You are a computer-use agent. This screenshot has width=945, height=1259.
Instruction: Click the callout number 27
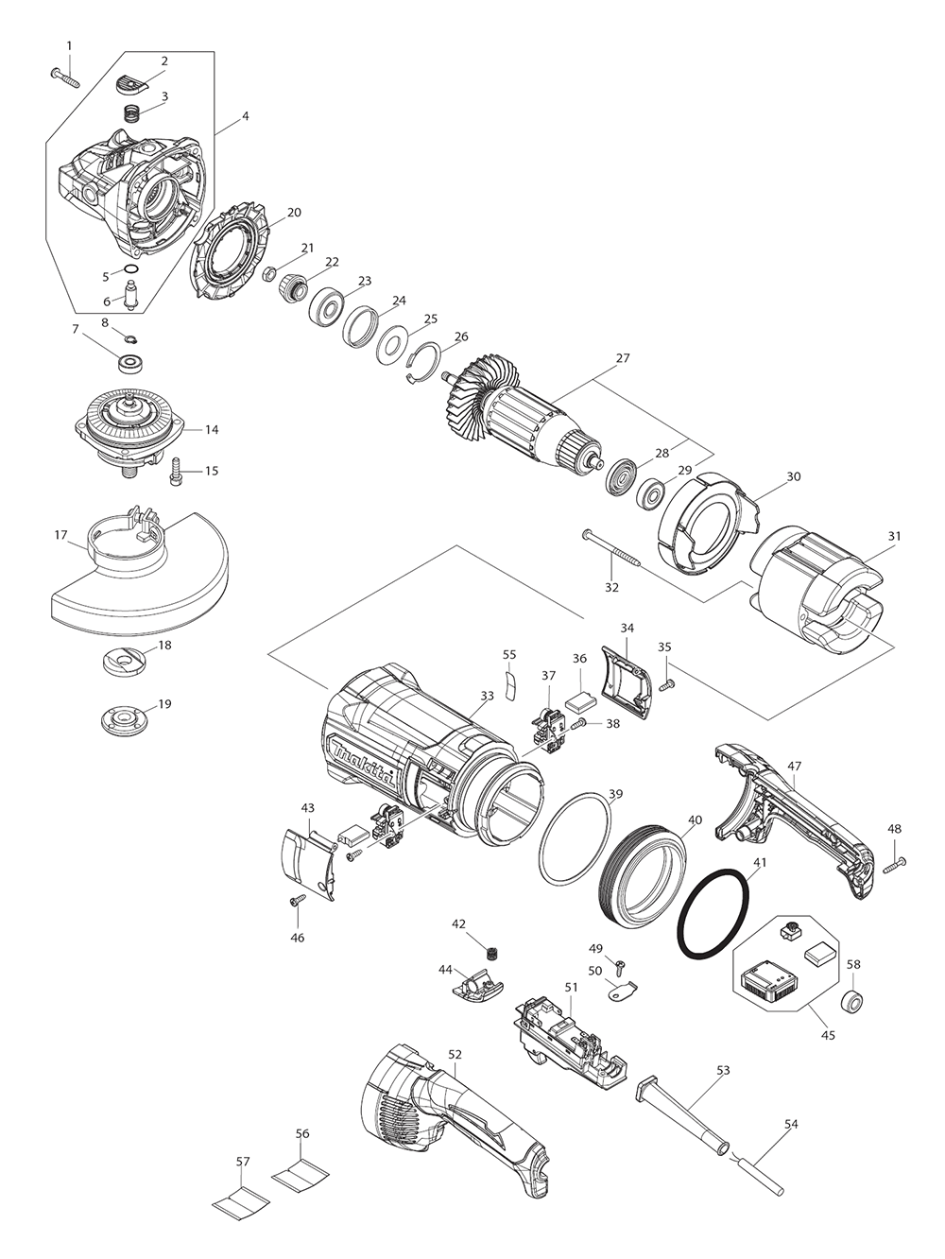point(622,359)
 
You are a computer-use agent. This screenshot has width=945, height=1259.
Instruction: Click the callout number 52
point(455,1053)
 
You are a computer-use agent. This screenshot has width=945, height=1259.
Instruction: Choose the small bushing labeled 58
point(851,1002)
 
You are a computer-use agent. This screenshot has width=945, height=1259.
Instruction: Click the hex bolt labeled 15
point(177,471)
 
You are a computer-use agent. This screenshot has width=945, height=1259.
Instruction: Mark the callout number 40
point(695,820)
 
